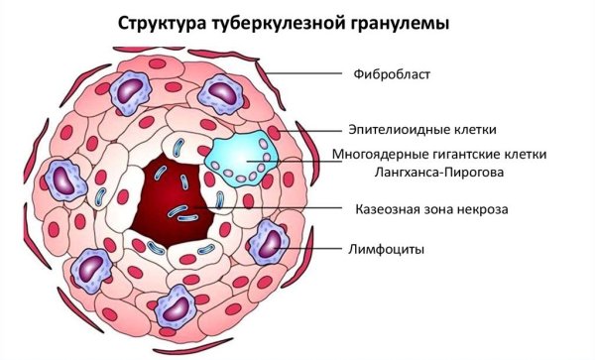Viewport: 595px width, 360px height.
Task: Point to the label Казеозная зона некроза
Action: [x=426, y=210]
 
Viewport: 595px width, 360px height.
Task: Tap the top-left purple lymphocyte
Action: [x=127, y=90]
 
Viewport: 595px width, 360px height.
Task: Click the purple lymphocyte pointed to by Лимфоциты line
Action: [x=267, y=241]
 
